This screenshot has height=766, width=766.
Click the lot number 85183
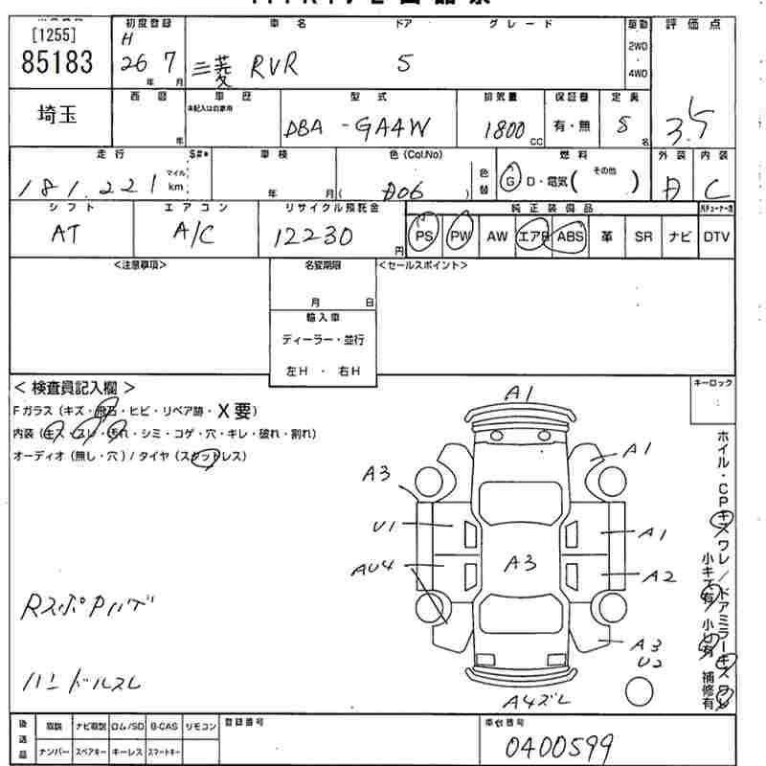[x=56, y=63]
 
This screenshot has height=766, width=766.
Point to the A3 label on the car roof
[x=520, y=564]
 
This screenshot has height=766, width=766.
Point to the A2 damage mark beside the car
[x=658, y=576]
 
